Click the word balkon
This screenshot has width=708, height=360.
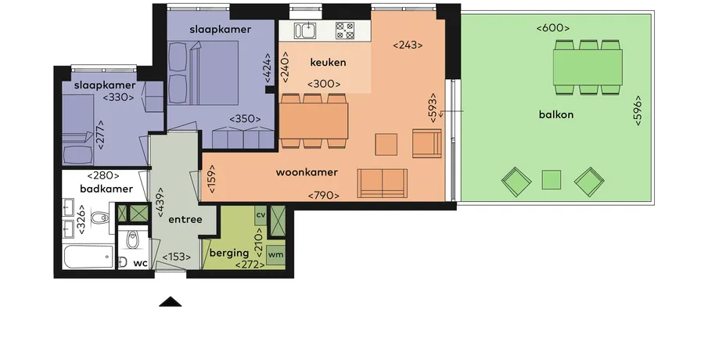click(555, 114)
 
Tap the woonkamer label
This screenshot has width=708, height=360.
click(307, 172)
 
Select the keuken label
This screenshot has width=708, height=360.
click(328, 63)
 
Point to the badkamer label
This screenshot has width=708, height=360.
click(106, 189)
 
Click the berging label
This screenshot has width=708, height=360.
click(229, 254)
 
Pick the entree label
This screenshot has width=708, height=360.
click(185, 220)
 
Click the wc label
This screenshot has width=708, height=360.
click(140, 263)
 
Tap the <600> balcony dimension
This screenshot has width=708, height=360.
click(552, 28)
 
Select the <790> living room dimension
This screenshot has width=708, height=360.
click(323, 196)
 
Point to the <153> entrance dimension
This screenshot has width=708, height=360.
click(176, 257)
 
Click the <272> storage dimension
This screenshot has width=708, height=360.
click(250, 265)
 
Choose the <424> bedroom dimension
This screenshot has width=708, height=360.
click(268, 68)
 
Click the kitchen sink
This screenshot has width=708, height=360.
click(305, 31)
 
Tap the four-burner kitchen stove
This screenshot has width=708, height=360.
click(344, 31)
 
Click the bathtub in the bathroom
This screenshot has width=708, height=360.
click(88, 257)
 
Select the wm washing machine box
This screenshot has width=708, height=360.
click(275, 254)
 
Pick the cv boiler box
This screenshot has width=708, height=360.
click(261, 215)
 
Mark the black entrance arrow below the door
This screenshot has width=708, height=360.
click(171, 302)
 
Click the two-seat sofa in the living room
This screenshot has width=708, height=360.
click(382, 183)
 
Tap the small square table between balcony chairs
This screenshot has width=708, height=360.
click(552, 179)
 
